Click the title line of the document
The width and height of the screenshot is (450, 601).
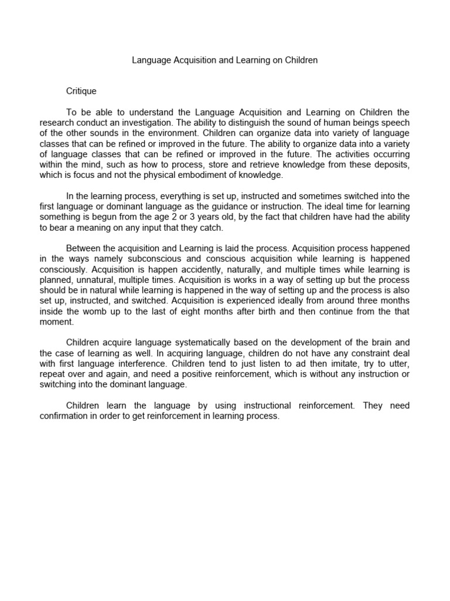click(224, 60)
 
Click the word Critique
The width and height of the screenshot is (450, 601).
click(81, 92)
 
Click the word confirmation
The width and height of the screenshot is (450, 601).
click(64, 416)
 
